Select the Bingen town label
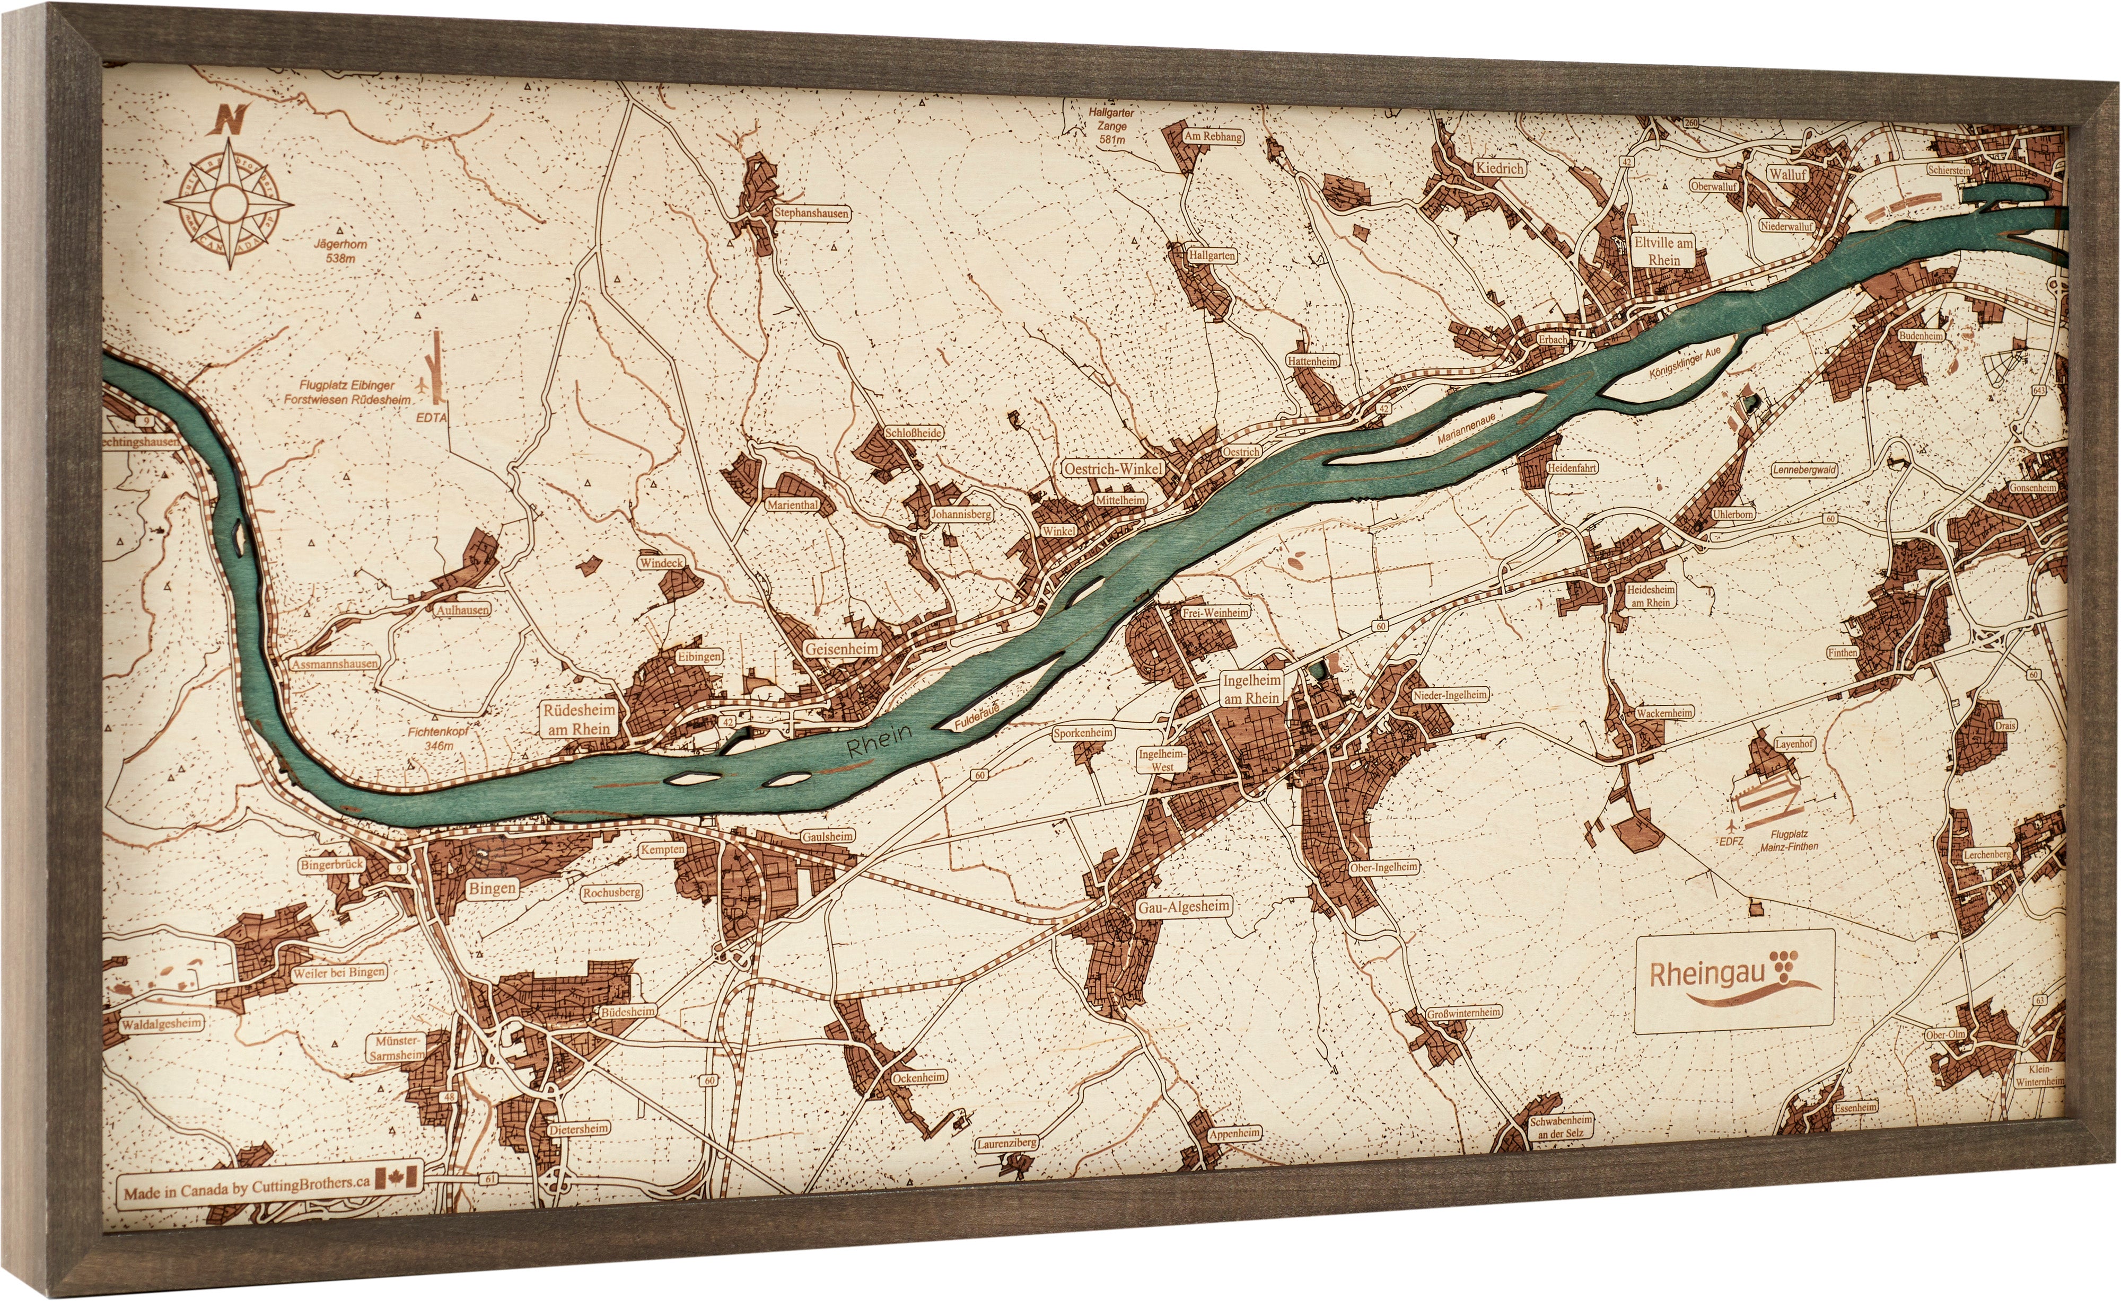pyautogui.click(x=493, y=888)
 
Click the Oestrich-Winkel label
pyautogui.click(x=1113, y=469)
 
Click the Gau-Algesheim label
pyautogui.click(x=1184, y=907)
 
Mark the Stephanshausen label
pyautogui.click(x=810, y=213)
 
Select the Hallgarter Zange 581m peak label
pyautogui.click(x=1111, y=126)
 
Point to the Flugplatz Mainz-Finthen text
pyautogui.click(x=1789, y=840)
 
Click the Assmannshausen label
pyautogui.click(x=334, y=664)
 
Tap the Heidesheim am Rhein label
pyautogui.click(x=1650, y=596)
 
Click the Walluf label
pyautogui.click(x=1788, y=174)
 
